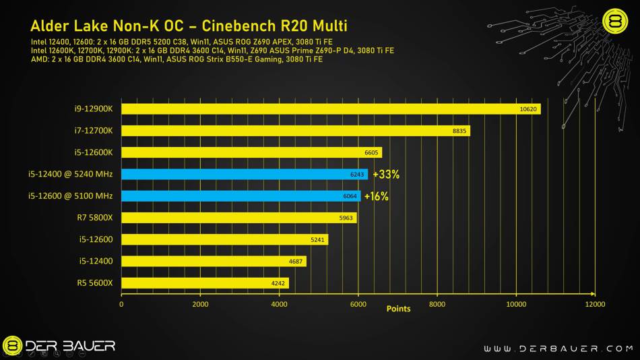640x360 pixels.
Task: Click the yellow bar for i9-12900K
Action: pyautogui.click(x=330, y=109)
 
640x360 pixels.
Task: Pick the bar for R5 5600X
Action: pyautogui.click(x=205, y=283)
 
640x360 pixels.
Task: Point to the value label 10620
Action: pyautogui.click(x=529, y=109)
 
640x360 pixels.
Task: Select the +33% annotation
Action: pyautogui.click(x=386, y=175)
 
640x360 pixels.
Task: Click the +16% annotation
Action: pyautogui.click(x=376, y=197)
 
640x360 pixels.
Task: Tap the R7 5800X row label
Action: pyautogui.click(x=94, y=218)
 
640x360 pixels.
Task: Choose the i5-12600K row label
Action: pyautogui.click(x=94, y=152)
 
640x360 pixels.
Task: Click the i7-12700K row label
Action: pyautogui.click(x=94, y=131)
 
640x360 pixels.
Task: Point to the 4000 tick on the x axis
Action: pyautogui.click(x=279, y=304)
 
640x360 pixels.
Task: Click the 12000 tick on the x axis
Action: pyautogui.click(x=595, y=304)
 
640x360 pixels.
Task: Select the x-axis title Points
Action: pyautogui.click(x=398, y=309)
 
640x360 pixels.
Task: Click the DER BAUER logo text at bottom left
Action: pyautogui.click(x=70, y=347)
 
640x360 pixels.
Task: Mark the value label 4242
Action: pyautogui.click(x=277, y=283)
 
